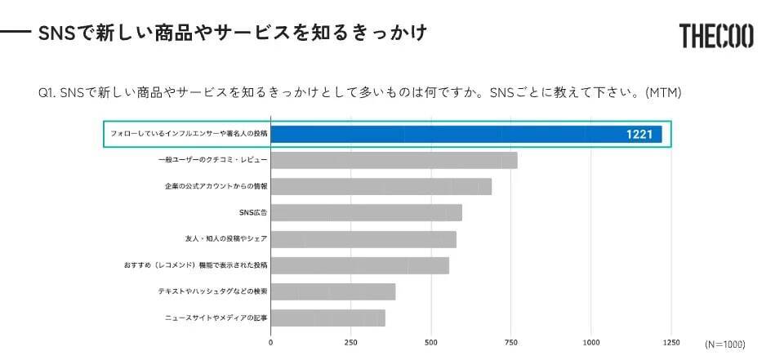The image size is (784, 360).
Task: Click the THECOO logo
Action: pyautogui.click(x=715, y=36)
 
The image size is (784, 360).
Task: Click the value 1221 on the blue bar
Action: pyautogui.click(x=639, y=134)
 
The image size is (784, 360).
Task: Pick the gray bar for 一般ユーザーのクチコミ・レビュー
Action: pyautogui.click(x=394, y=160)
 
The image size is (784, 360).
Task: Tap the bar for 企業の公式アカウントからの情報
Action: pyautogui.click(x=381, y=186)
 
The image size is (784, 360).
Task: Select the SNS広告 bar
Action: pyautogui.click(x=366, y=212)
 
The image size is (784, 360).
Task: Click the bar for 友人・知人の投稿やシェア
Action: pyautogui.click(x=363, y=239)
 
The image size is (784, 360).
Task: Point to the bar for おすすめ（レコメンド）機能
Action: pyautogui.click(x=359, y=265)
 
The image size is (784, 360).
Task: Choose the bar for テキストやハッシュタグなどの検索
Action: pyautogui.click(x=332, y=291)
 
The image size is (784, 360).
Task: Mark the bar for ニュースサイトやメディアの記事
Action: pyautogui.click(x=327, y=318)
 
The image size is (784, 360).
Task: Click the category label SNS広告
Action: pyautogui.click(x=253, y=213)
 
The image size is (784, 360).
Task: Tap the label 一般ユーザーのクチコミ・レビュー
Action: pyautogui.click(x=212, y=160)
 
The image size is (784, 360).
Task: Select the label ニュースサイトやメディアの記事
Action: pyautogui.click(x=213, y=318)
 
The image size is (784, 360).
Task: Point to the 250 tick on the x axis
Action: pyautogui.click(x=350, y=343)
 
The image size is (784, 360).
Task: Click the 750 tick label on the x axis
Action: pyautogui.click(x=511, y=343)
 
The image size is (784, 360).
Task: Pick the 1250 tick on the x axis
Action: pyautogui.click(x=671, y=343)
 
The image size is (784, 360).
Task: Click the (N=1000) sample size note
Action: pyautogui.click(x=724, y=344)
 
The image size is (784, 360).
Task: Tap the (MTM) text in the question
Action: pyautogui.click(x=663, y=92)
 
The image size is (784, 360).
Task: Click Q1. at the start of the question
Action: pyautogui.click(x=47, y=92)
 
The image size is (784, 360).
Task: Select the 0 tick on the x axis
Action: pyautogui.click(x=271, y=343)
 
